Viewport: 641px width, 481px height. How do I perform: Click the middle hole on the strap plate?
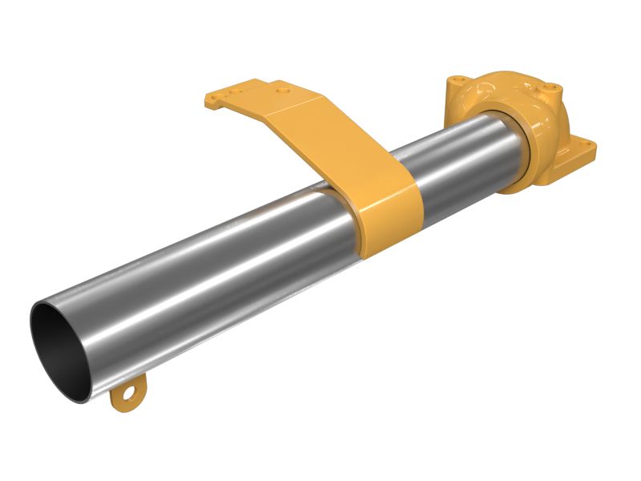(x=234, y=91)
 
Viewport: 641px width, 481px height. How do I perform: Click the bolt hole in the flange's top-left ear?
(x=458, y=81)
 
